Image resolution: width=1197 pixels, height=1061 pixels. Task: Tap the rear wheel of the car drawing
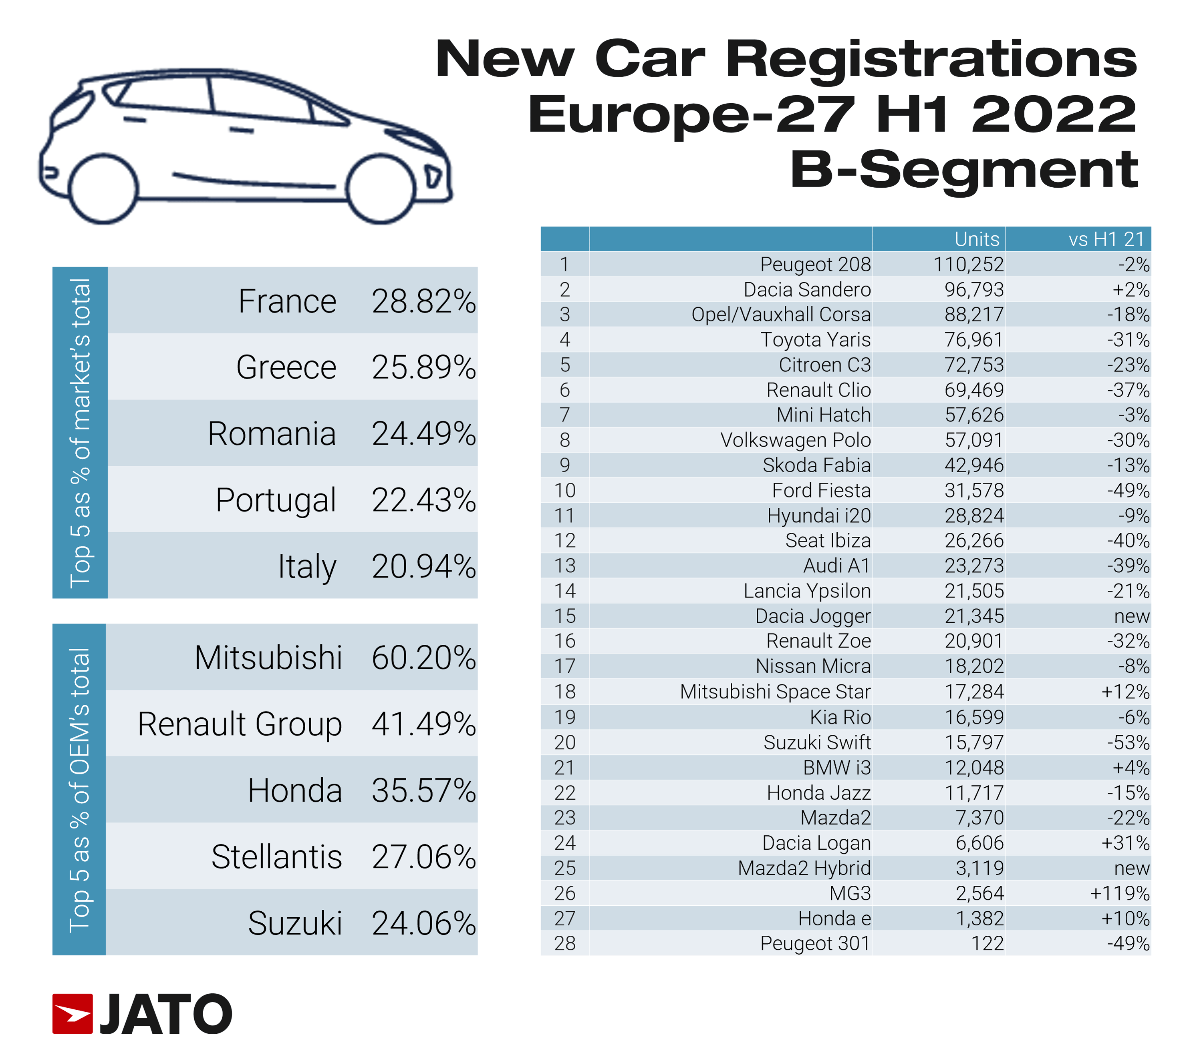[104, 189]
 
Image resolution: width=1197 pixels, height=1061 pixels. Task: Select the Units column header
[976, 239]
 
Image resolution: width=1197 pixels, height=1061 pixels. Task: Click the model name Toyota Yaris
[815, 339]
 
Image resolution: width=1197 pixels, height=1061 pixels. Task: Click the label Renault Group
[240, 724]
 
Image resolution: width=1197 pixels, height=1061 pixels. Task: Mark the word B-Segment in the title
[963, 170]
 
